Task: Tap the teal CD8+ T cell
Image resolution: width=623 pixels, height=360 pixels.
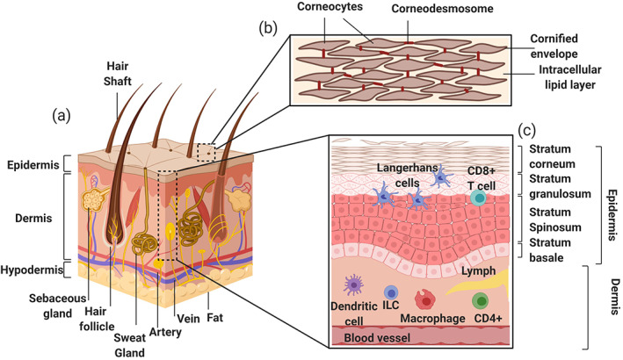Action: point(479,198)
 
